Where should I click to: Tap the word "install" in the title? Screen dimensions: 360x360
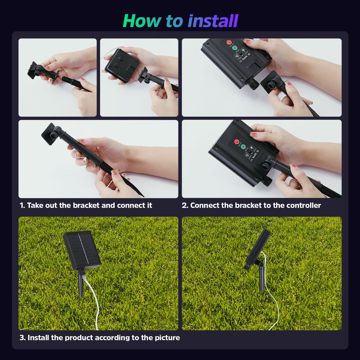click(x=213, y=21)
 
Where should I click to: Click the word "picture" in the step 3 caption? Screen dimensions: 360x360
click(x=167, y=338)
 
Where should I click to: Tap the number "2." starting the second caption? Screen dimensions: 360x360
click(x=185, y=205)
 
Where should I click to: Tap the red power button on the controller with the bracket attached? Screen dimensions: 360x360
click(x=236, y=141)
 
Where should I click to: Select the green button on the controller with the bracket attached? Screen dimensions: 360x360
click(x=243, y=147)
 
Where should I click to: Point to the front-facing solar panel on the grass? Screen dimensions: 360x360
click(x=82, y=250)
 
